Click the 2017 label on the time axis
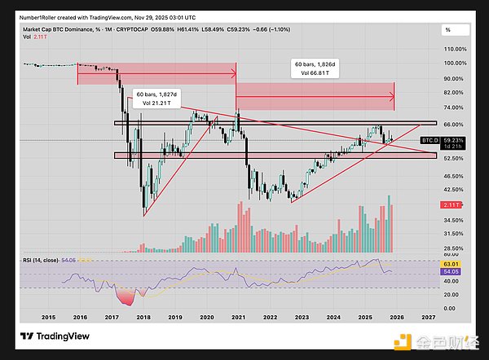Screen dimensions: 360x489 coord(112,316)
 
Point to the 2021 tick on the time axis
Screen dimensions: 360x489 coord(238,316)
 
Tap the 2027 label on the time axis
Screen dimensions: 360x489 coord(428,316)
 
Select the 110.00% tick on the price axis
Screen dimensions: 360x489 coord(453,49)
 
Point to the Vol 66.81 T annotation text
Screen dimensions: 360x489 coord(314,72)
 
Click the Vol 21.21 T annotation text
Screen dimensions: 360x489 coord(156,103)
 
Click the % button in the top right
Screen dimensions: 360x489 coord(448,29)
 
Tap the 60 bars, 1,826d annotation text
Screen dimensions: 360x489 coord(315,63)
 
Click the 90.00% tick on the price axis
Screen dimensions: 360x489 coord(453,78)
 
